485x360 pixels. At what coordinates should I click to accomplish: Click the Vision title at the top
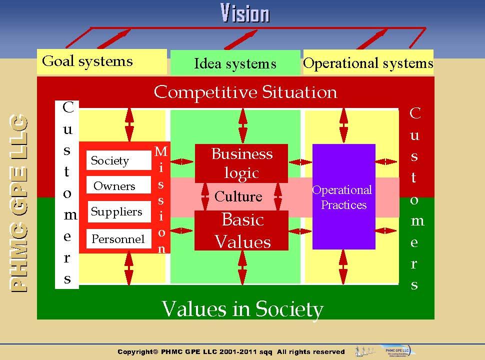[x=245, y=13]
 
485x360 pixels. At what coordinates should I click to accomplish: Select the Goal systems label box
[x=101, y=61]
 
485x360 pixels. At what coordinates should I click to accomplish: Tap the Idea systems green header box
[x=235, y=63]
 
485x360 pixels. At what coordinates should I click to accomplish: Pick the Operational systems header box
[x=368, y=63]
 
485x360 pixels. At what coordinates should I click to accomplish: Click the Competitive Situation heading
[x=245, y=92]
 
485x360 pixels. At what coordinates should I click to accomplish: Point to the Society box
[x=118, y=160]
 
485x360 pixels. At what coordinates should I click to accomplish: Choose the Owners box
[x=118, y=186]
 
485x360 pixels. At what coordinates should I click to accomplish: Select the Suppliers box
[x=118, y=211]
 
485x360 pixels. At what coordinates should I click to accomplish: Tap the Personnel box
[x=118, y=238]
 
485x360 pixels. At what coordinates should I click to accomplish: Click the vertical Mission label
[x=161, y=199]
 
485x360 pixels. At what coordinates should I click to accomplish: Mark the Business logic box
[x=241, y=163]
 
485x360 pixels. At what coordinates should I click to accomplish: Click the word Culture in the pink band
[x=238, y=196]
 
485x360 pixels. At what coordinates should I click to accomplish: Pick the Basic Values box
[x=241, y=230]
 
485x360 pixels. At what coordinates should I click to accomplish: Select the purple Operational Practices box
[x=343, y=196]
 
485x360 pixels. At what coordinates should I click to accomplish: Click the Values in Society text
[x=242, y=308]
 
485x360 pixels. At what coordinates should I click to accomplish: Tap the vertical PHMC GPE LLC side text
[x=19, y=203]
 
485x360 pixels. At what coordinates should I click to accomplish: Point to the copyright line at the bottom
[x=231, y=352]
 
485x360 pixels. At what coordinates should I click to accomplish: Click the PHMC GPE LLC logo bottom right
[x=394, y=351]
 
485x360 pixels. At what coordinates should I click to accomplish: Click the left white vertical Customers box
[x=67, y=194]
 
